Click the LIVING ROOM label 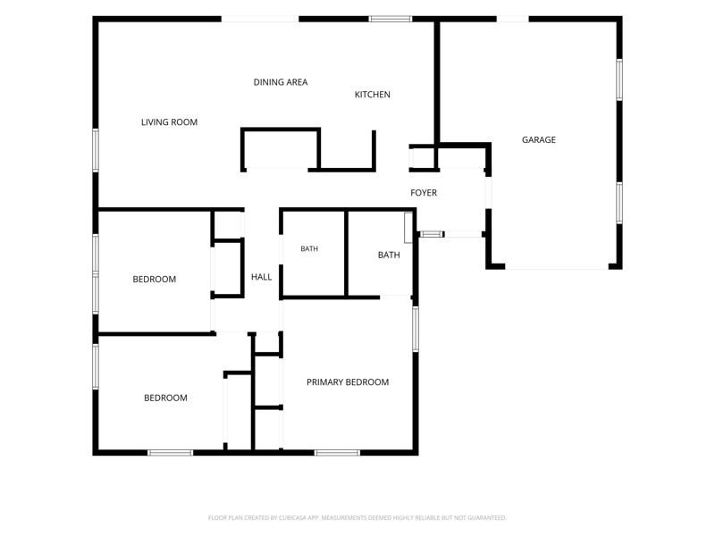point(169,122)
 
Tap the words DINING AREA point(281,82)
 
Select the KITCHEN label point(373,95)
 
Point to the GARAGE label point(539,140)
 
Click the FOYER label point(424,193)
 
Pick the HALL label point(261,277)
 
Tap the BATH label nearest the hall point(309,249)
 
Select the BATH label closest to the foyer point(389,255)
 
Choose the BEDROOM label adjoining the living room point(154,279)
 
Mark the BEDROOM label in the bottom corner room point(165,398)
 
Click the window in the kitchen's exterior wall point(391,19)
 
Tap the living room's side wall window point(96,150)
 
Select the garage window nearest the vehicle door point(619,204)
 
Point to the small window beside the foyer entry point(432,234)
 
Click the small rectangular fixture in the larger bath point(408,228)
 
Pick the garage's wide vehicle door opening point(557,266)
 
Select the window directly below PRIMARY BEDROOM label point(337,453)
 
